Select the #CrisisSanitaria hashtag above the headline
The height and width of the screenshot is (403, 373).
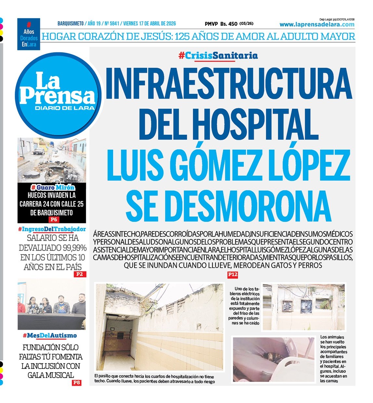pyautogui.click(x=218, y=56)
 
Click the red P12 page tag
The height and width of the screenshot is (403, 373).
pyautogui.click(x=233, y=275)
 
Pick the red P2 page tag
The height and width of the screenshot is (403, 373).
pyautogui.click(x=80, y=274)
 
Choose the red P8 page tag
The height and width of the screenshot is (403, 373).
pyautogui.click(x=76, y=383)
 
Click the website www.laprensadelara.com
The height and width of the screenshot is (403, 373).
pyautogui.click(x=317, y=25)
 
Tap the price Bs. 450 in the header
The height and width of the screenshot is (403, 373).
pyautogui.click(x=229, y=24)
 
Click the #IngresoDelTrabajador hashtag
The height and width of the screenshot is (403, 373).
pyautogui.click(x=52, y=229)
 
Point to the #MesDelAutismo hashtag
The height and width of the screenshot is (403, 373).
pyautogui.click(x=50, y=335)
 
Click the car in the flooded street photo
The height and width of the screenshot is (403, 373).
pyautogui.click(x=39, y=151)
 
